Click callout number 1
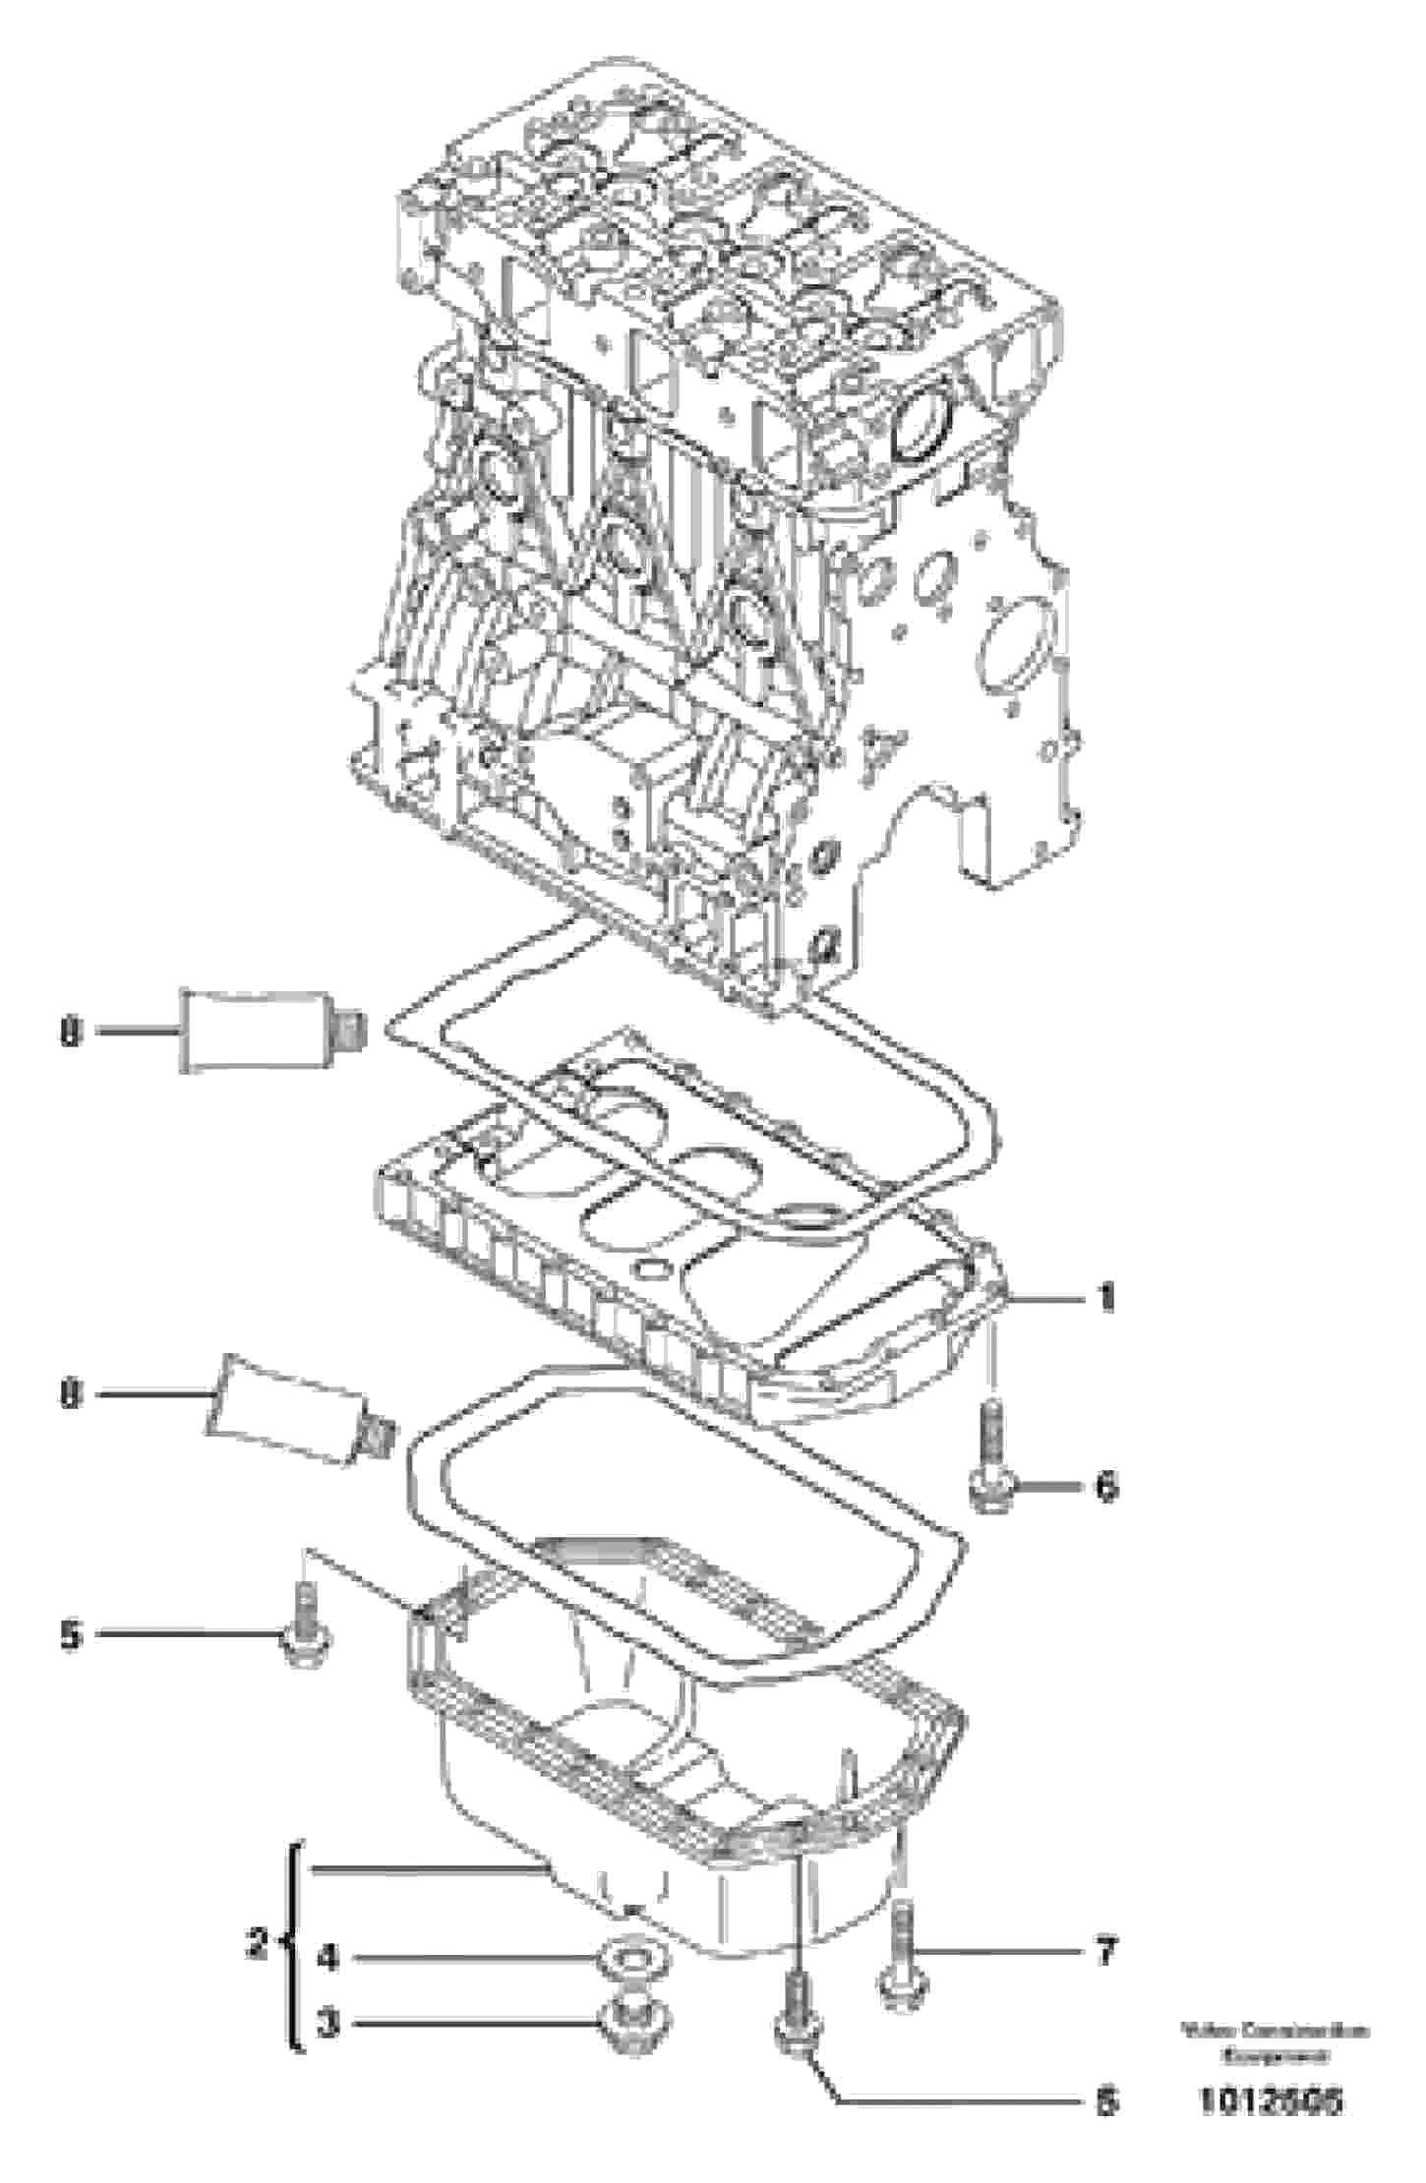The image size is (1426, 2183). (x=1106, y=1299)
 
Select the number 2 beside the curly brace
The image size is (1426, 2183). (x=257, y=1941)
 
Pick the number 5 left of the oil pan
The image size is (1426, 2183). (x=71, y=1634)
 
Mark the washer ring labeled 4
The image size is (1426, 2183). (x=628, y=1960)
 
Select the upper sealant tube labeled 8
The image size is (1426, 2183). (x=261, y=1032)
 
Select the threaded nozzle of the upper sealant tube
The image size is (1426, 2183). (x=350, y=1032)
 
